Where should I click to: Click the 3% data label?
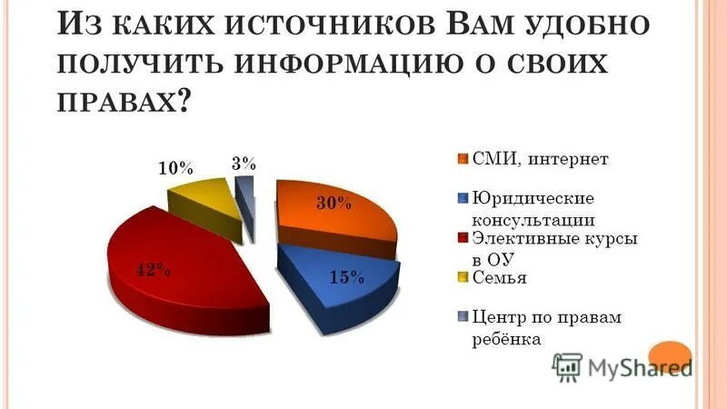click(243, 164)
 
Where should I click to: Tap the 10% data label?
click(175, 168)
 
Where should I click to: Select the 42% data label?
click(152, 269)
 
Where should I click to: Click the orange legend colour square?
click(462, 159)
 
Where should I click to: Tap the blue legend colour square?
click(462, 198)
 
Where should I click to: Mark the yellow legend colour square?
click(462, 277)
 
